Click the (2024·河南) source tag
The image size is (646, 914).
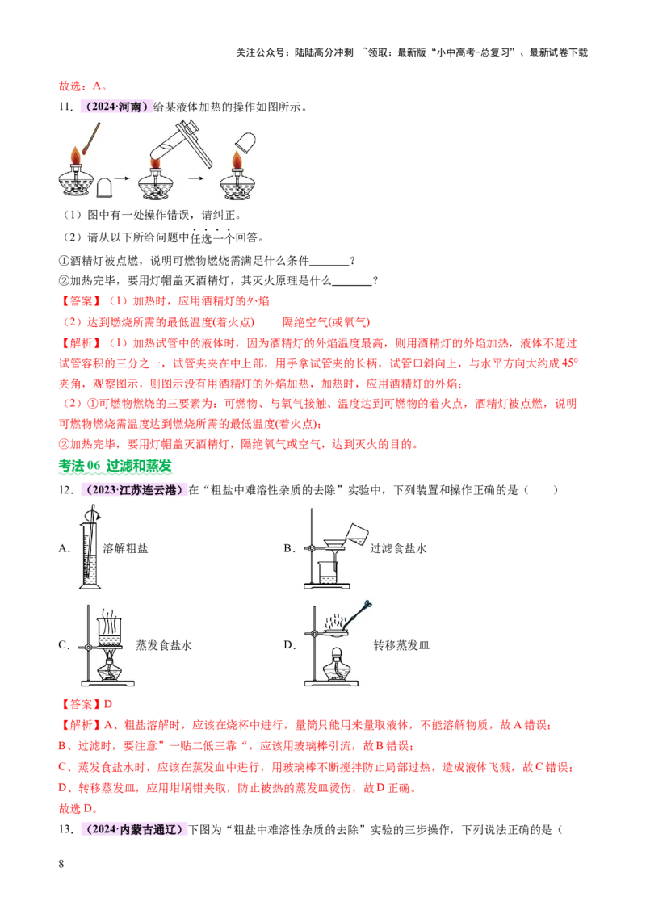116,107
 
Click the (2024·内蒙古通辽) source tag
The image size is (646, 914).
133,829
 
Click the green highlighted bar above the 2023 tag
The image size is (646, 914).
116,467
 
